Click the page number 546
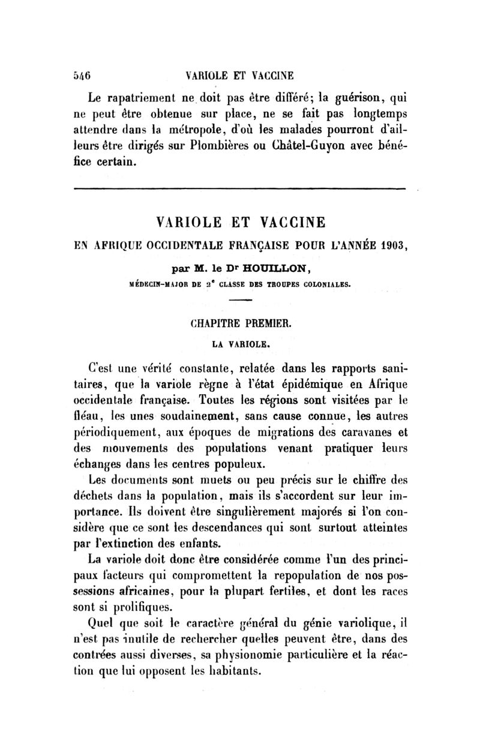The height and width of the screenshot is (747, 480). (81, 76)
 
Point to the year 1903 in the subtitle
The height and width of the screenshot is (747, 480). (386, 246)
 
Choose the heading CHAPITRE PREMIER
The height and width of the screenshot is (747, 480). (240, 325)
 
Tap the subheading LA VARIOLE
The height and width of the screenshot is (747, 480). (240, 345)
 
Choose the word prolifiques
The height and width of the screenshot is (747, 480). (136, 607)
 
